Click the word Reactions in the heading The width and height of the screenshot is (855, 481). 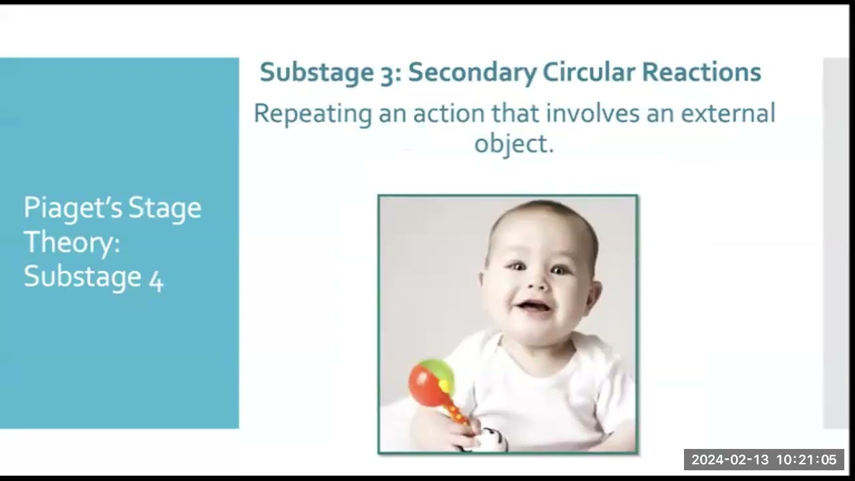pos(701,72)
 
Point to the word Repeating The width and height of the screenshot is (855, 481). pos(313,114)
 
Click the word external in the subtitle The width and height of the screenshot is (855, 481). pos(727,114)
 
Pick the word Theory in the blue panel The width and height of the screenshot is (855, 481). pos(71,242)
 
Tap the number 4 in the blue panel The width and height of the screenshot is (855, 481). pos(156,280)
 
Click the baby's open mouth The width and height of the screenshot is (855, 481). pos(534,307)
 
